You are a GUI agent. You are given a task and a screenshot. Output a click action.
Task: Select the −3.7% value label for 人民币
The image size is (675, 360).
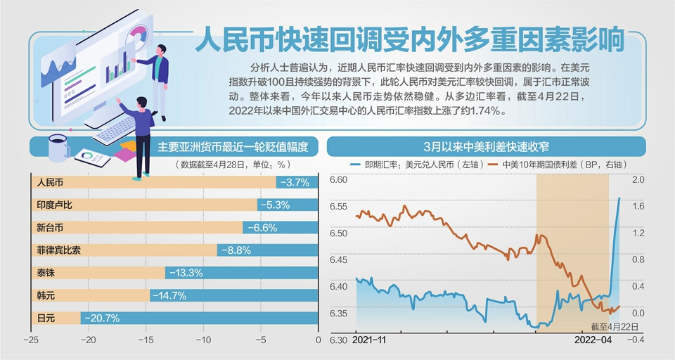pyautogui.click(x=295, y=182)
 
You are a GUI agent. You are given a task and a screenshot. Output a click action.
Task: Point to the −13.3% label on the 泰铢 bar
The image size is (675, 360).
pyautogui.click(x=186, y=273)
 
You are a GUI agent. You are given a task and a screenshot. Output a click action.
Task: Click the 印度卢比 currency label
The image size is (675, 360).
pyautogui.click(x=54, y=205)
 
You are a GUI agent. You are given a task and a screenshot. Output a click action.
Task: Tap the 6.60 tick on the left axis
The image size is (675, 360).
pyautogui.click(x=339, y=180)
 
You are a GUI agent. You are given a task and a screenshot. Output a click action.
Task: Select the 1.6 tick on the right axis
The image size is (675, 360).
pyautogui.click(x=638, y=207)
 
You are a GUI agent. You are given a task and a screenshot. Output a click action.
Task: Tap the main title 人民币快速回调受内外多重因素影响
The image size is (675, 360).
pyautogui.click(x=409, y=40)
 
